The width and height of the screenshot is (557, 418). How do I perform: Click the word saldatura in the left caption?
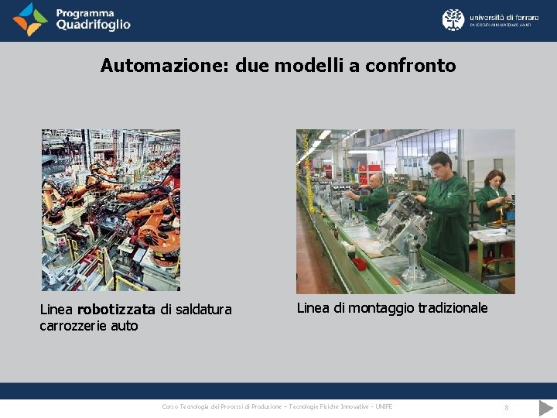click(x=203, y=310)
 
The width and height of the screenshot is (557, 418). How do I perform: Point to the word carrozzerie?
click(x=73, y=326)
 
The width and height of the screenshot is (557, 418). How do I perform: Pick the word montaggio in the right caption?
click(x=381, y=308)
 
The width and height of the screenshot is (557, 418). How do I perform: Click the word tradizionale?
click(x=453, y=308)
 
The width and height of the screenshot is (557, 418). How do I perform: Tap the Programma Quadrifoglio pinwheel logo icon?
click(x=29, y=19)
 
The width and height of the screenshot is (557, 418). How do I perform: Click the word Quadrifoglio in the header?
click(x=93, y=25)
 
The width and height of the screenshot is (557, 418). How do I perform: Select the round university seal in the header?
click(x=453, y=19)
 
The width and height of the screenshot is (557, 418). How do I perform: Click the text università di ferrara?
click(x=504, y=15)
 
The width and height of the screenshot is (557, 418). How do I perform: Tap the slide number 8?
click(x=506, y=407)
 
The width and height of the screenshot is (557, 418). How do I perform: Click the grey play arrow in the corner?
click(x=545, y=407)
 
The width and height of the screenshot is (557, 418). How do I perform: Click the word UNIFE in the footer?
click(x=383, y=407)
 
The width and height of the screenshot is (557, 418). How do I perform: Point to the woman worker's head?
click(x=494, y=180)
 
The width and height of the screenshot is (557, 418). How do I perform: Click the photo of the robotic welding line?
click(x=111, y=210)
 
